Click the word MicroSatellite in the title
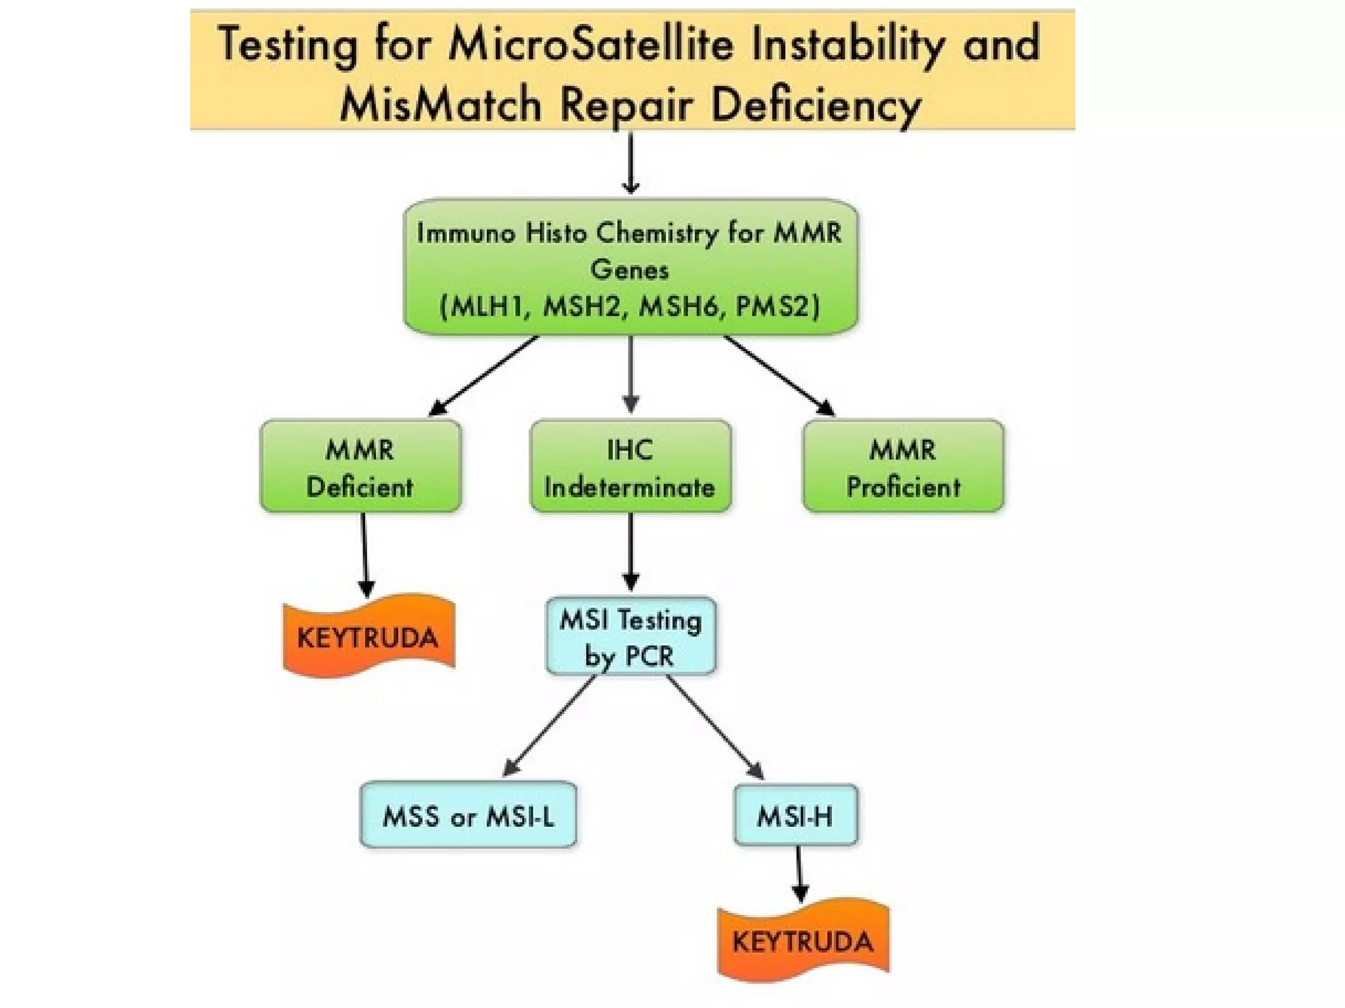(590, 45)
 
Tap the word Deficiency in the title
(816, 105)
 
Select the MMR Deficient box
(361, 467)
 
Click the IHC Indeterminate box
(630, 467)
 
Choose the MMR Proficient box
(903, 467)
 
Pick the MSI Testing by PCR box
(630, 636)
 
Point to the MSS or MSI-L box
(468, 815)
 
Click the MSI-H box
(795, 815)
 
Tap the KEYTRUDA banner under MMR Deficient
(368, 637)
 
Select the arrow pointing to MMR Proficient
(779, 375)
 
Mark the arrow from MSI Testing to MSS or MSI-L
(549, 725)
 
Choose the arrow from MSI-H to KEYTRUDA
(799, 873)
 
